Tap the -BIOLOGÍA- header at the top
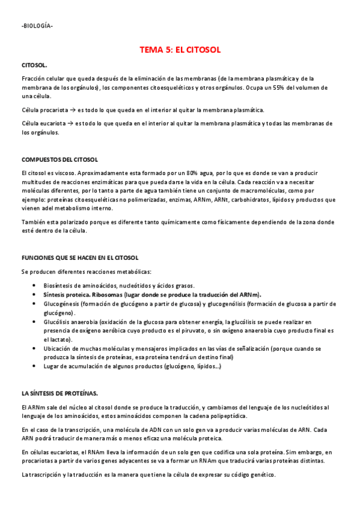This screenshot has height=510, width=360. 37,26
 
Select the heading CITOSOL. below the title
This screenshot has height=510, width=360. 34,64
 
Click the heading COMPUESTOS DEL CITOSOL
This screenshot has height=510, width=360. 59,159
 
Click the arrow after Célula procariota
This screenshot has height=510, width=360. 71,110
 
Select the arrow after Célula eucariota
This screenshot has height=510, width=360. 70,124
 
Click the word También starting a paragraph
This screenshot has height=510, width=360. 33,222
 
